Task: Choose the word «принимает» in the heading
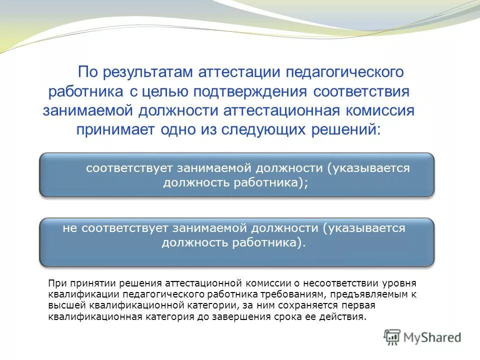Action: pyautogui.click(x=116, y=129)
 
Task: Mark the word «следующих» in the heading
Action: pyautogui.click(x=270, y=129)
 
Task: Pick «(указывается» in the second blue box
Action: pyautogui.click(x=363, y=228)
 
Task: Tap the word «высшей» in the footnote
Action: pyautogui.click(x=65, y=305)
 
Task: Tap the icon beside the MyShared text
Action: pyautogui.click(x=392, y=337)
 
